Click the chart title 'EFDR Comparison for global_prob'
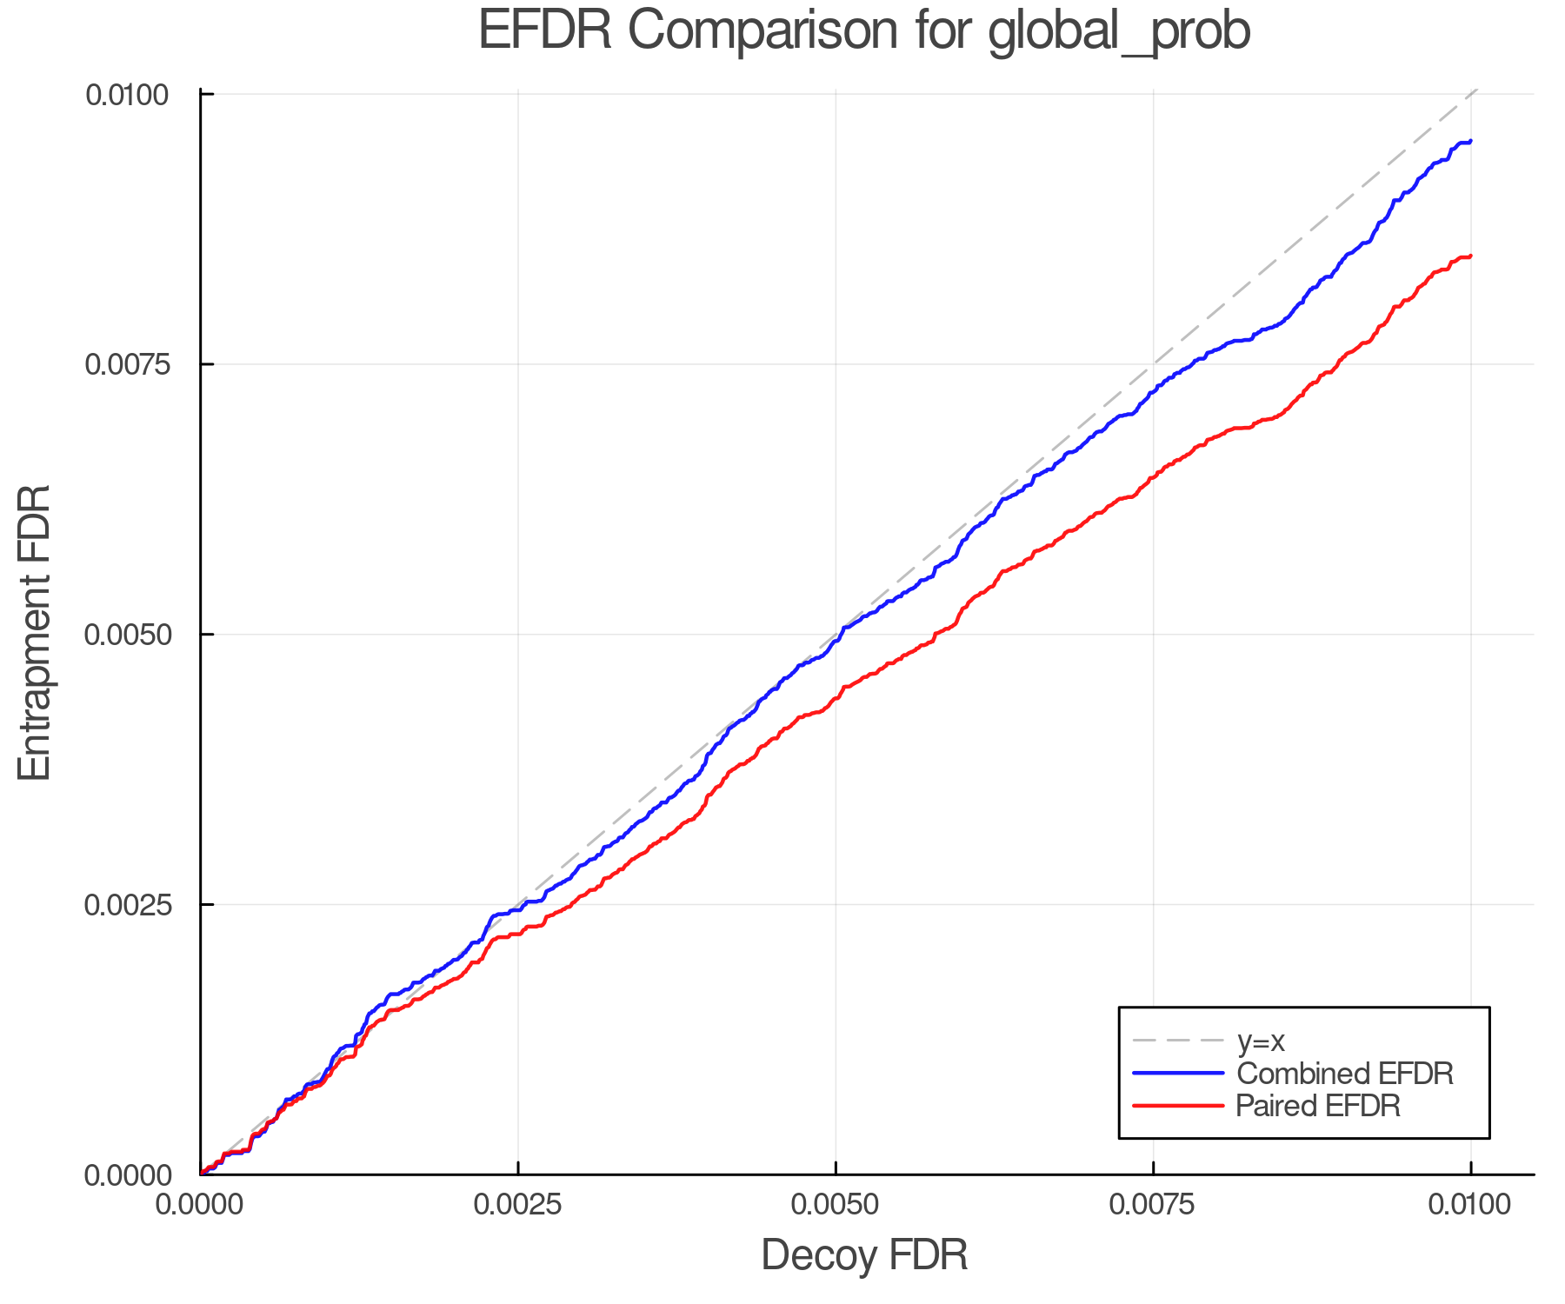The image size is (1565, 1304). coord(864,31)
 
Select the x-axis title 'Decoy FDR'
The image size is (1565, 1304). coord(864,1255)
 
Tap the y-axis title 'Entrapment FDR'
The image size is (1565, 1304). coord(35,633)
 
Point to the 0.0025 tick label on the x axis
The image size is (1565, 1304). coord(518,1205)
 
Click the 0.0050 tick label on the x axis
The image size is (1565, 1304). coord(836,1205)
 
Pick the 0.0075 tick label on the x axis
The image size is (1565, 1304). coord(1153,1205)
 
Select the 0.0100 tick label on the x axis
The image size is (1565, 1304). coord(1470,1205)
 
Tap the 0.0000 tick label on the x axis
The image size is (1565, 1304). coord(201,1205)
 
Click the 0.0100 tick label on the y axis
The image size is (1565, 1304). coord(127,94)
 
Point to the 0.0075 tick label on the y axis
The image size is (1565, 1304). coord(127,363)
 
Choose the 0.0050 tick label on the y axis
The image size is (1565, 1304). coord(127,634)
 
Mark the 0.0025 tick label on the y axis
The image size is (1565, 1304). coord(127,904)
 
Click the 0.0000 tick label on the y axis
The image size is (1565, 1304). coord(127,1175)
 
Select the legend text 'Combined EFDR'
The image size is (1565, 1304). coord(1344,1074)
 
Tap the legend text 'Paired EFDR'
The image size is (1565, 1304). coord(1318,1106)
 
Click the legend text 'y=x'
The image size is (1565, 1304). coord(1261,1041)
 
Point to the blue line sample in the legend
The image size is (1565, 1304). coord(1178,1074)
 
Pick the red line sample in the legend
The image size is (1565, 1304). coord(1178,1106)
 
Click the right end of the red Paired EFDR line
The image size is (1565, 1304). coord(1470,256)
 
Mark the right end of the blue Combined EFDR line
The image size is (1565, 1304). coord(1470,141)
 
